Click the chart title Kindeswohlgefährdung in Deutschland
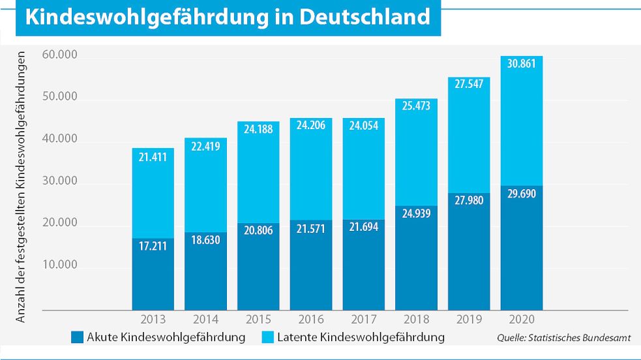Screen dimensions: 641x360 (x=228, y=17)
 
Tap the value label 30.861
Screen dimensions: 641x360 (x=521, y=64)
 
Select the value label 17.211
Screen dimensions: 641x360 (x=153, y=246)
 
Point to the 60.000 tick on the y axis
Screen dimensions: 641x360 (x=60, y=55)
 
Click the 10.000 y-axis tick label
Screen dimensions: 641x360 (x=60, y=265)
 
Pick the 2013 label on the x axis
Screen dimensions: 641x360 (x=153, y=319)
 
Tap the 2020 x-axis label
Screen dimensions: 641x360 (x=522, y=319)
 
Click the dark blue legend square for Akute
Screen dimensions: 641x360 (x=77, y=337)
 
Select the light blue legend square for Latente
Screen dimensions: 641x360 (x=268, y=337)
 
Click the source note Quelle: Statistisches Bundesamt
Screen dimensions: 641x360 (x=564, y=338)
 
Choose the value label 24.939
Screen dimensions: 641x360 (x=416, y=214)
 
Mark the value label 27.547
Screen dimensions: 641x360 (x=469, y=84)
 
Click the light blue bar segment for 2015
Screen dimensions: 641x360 (x=258, y=172)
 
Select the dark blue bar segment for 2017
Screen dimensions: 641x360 (x=363, y=265)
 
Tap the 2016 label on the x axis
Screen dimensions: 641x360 (x=311, y=319)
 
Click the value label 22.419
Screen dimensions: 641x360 (x=205, y=146)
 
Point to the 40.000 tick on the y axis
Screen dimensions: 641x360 (x=60, y=139)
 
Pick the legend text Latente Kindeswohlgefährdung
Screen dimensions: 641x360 (x=361, y=338)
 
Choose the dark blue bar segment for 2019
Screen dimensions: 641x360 (x=469, y=252)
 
